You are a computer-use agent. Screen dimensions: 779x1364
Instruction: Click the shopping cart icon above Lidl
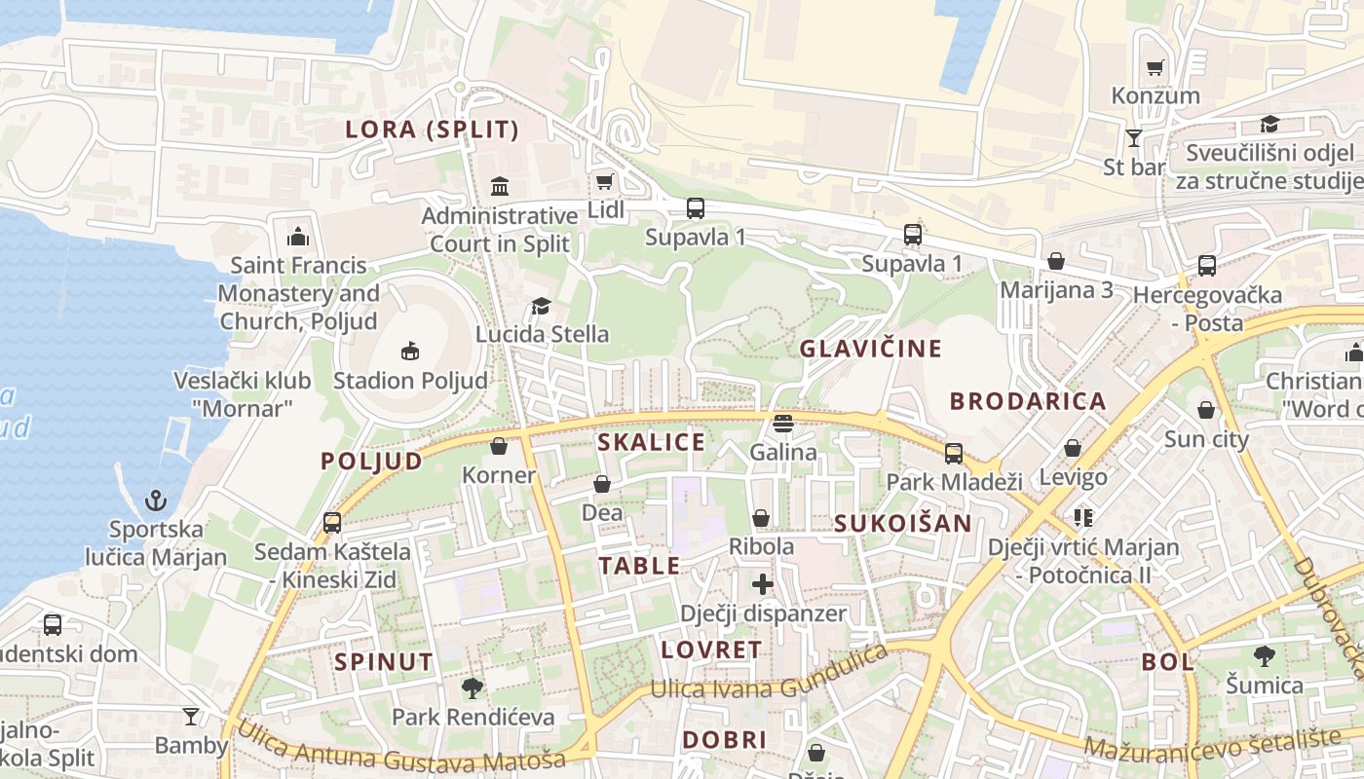604,181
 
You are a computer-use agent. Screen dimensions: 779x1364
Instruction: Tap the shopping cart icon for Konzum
1156,67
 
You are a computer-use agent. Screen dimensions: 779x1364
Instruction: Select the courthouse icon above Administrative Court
500,186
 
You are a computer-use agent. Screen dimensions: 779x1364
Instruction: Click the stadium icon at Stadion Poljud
410,351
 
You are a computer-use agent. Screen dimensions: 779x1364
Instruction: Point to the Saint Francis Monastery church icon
297,237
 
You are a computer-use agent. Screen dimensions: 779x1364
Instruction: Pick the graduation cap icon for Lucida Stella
541,307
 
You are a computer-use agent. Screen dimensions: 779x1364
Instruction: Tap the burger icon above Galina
782,424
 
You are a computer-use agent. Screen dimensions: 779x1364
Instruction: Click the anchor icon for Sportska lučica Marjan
155,501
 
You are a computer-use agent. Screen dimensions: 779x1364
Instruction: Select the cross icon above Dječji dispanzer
763,584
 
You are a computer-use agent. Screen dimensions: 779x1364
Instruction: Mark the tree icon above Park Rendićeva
473,688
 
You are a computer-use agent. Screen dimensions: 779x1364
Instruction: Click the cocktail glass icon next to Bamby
191,717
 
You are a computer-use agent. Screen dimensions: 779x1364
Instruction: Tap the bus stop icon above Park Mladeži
953,453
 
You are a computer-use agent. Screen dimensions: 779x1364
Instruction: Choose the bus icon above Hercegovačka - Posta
1206,265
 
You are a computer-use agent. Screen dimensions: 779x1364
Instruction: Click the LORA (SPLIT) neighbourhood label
433,130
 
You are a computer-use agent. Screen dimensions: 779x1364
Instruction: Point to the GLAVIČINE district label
871,349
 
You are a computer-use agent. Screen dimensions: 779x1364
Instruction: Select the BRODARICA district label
1028,401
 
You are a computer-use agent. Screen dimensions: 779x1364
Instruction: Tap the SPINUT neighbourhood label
384,662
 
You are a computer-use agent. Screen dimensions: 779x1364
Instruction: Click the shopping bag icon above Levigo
1073,448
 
